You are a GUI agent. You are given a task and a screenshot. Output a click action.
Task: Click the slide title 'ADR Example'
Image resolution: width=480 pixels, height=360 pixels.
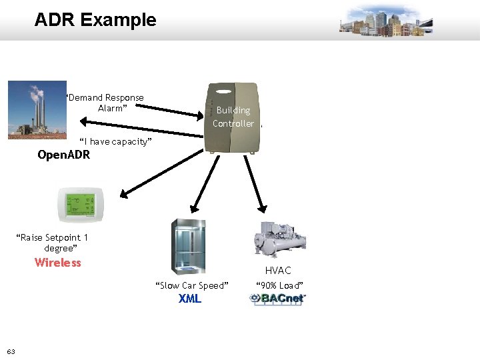[95, 20]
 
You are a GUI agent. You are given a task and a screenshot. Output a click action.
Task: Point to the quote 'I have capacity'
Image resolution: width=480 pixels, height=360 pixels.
[116, 141]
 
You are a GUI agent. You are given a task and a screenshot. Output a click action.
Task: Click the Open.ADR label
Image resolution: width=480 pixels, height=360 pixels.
[63, 155]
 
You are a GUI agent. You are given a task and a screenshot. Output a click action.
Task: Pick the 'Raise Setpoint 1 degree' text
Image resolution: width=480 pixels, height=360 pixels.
[53, 243]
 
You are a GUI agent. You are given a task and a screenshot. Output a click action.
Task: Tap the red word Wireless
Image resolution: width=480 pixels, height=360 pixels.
[58, 263]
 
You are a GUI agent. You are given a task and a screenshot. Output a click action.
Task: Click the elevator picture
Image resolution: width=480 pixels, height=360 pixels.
[189, 246]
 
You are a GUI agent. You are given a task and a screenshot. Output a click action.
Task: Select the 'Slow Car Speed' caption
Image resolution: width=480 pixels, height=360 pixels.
[192, 285]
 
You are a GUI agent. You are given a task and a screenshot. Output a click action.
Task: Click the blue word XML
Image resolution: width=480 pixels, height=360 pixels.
[190, 299]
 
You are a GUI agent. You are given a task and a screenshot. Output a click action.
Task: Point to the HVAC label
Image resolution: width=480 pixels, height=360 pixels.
[278, 270]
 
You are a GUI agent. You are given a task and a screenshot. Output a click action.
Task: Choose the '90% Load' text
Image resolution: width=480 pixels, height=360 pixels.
[280, 285]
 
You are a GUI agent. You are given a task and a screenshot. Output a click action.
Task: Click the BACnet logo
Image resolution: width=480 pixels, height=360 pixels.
[278, 299]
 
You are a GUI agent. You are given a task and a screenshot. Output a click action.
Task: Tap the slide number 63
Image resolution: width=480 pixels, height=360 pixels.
[11, 351]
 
